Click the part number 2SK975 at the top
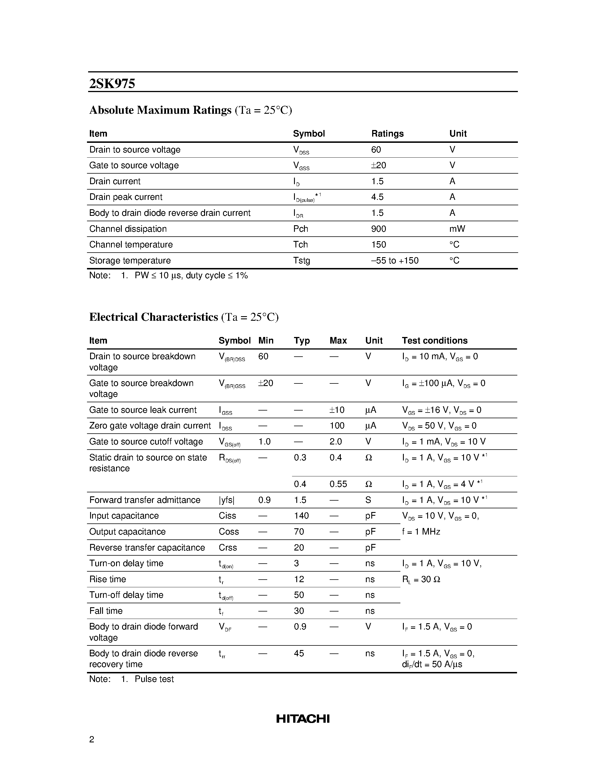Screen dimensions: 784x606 [x=112, y=84]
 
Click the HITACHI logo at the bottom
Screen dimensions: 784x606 [x=303, y=718]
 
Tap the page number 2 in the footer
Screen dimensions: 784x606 [x=92, y=740]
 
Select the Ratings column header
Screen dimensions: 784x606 [x=387, y=133]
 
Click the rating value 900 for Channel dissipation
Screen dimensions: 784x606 [x=378, y=229]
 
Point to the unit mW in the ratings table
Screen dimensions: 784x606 [x=457, y=229]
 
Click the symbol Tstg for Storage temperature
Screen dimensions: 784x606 [x=301, y=260]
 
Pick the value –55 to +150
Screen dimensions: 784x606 [x=395, y=260]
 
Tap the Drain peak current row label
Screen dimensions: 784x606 [x=126, y=197]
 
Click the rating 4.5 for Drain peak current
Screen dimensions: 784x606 [x=377, y=197]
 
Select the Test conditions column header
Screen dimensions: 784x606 [x=434, y=340]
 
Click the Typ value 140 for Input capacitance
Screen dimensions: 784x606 [x=301, y=516]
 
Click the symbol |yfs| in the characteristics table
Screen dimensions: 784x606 [x=226, y=500]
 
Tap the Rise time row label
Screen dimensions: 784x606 [x=107, y=579]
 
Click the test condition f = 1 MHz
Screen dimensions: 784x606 [x=421, y=532]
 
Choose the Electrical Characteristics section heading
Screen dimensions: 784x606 [x=154, y=317]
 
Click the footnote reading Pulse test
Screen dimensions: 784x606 [x=154, y=679]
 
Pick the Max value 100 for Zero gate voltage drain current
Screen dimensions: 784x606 [x=337, y=426]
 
